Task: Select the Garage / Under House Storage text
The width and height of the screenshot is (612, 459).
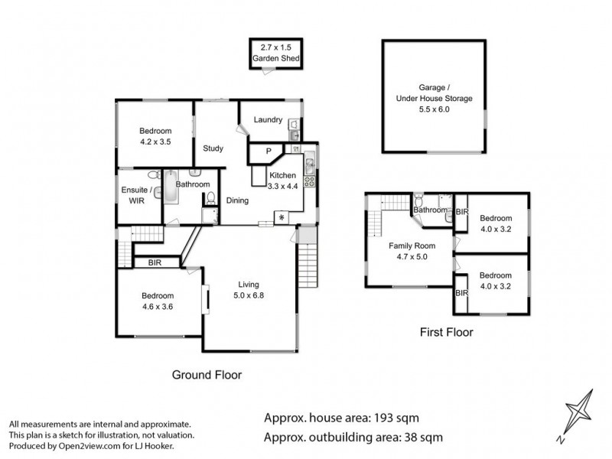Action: (x=434, y=99)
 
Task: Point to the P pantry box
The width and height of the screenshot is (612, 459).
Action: (x=268, y=152)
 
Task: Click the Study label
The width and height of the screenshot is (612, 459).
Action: (x=212, y=148)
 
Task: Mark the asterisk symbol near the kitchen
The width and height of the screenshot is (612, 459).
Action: (x=282, y=219)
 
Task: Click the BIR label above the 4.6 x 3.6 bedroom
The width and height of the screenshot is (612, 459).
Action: (x=155, y=262)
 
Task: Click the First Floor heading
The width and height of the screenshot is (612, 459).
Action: (x=446, y=333)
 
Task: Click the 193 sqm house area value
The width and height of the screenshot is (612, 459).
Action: (x=396, y=418)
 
